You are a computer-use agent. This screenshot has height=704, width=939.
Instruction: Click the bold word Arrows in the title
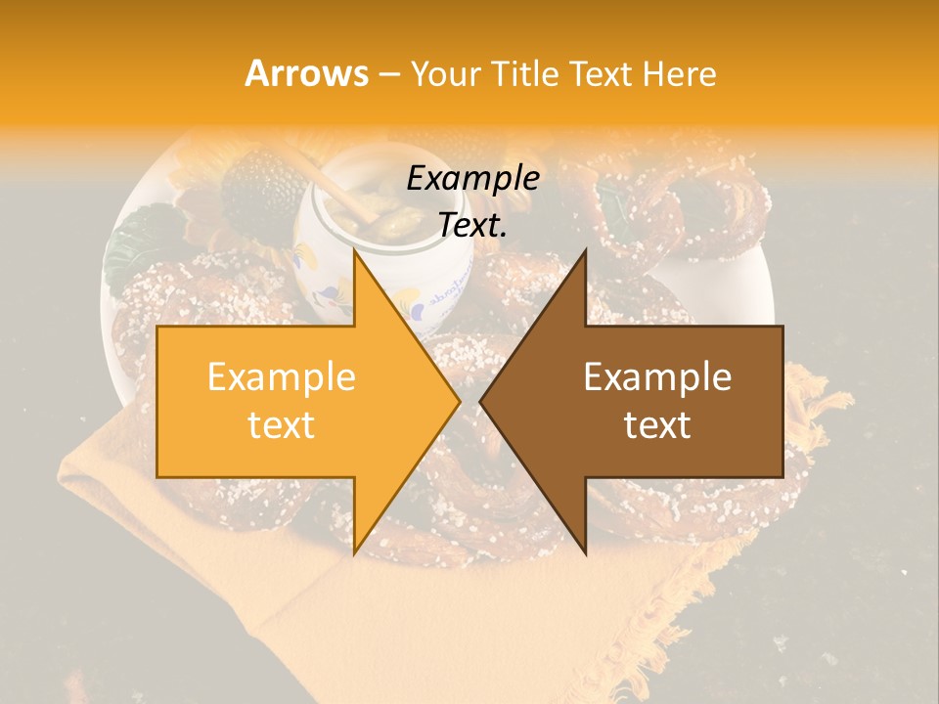pyautogui.click(x=307, y=73)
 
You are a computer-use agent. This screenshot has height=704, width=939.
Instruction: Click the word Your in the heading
pyautogui.click(x=447, y=74)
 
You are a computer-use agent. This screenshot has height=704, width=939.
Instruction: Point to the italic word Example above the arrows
pyautogui.click(x=472, y=179)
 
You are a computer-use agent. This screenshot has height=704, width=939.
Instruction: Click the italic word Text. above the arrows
pyautogui.click(x=472, y=225)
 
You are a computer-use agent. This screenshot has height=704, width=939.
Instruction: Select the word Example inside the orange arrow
pyautogui.click(x=281, y=377)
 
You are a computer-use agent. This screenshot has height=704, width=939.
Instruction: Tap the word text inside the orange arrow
pyautogui.click(x=281, y=425)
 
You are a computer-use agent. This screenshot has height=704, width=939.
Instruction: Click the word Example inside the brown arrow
pyautogui.click(x=657, y=377)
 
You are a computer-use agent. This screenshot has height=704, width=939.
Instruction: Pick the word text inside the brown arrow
pyautogui.click(x=657, y=425)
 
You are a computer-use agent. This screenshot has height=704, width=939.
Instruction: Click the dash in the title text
pyautogui.click(x=388, y=74)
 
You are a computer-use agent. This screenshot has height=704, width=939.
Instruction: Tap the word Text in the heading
pyautogui.click(x=603, y=73)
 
